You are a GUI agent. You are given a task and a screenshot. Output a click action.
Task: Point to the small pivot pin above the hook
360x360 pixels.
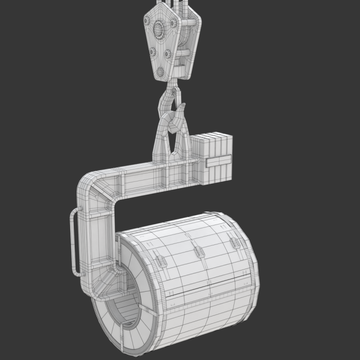[x=174, y=92]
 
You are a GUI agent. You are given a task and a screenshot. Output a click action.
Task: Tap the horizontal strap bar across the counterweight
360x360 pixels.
[x=218, y=160]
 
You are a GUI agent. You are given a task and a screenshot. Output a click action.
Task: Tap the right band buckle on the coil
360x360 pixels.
[x=234, y=243]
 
